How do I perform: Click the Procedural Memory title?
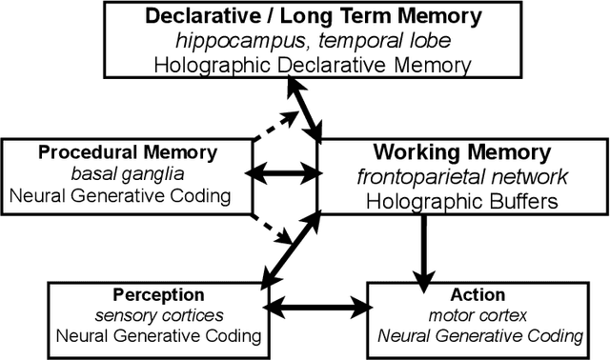[x=128, y=153]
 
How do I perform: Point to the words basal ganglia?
[x=128, y=174]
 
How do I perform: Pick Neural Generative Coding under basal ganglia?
[x=128, y=195]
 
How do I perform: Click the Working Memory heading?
[x=461, y=152]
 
